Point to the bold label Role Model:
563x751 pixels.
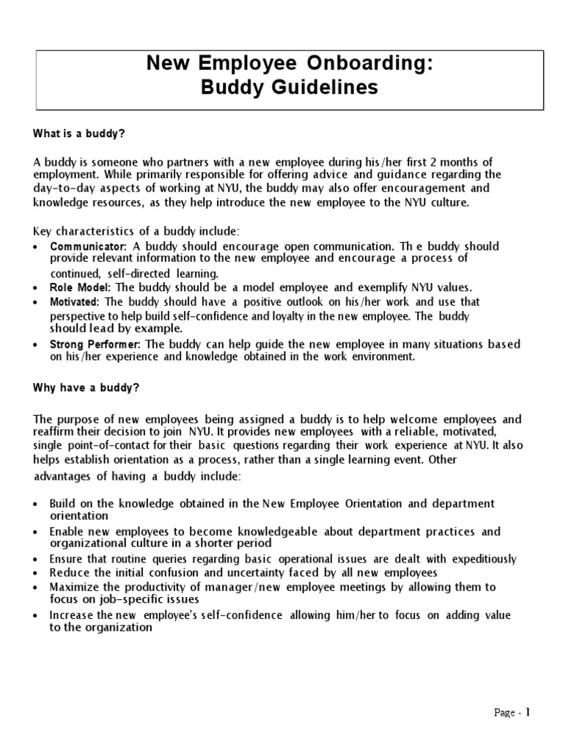[80, 287]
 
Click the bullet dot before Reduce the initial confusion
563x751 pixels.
[37, 573]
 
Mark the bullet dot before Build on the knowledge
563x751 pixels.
[37, 504]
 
